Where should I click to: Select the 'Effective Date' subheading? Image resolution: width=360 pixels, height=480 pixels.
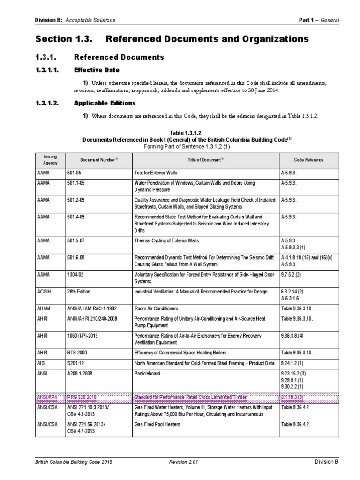coord(97,71)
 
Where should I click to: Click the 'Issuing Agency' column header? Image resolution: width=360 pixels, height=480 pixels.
coord(50,160)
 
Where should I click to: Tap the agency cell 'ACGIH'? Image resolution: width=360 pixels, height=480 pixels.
coord(44,292)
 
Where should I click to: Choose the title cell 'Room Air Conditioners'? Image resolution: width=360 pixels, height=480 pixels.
coord(157,309)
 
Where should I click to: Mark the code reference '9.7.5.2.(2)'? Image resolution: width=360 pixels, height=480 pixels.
coord(293,274)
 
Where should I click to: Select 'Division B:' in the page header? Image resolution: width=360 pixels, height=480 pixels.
coord(50,20)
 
